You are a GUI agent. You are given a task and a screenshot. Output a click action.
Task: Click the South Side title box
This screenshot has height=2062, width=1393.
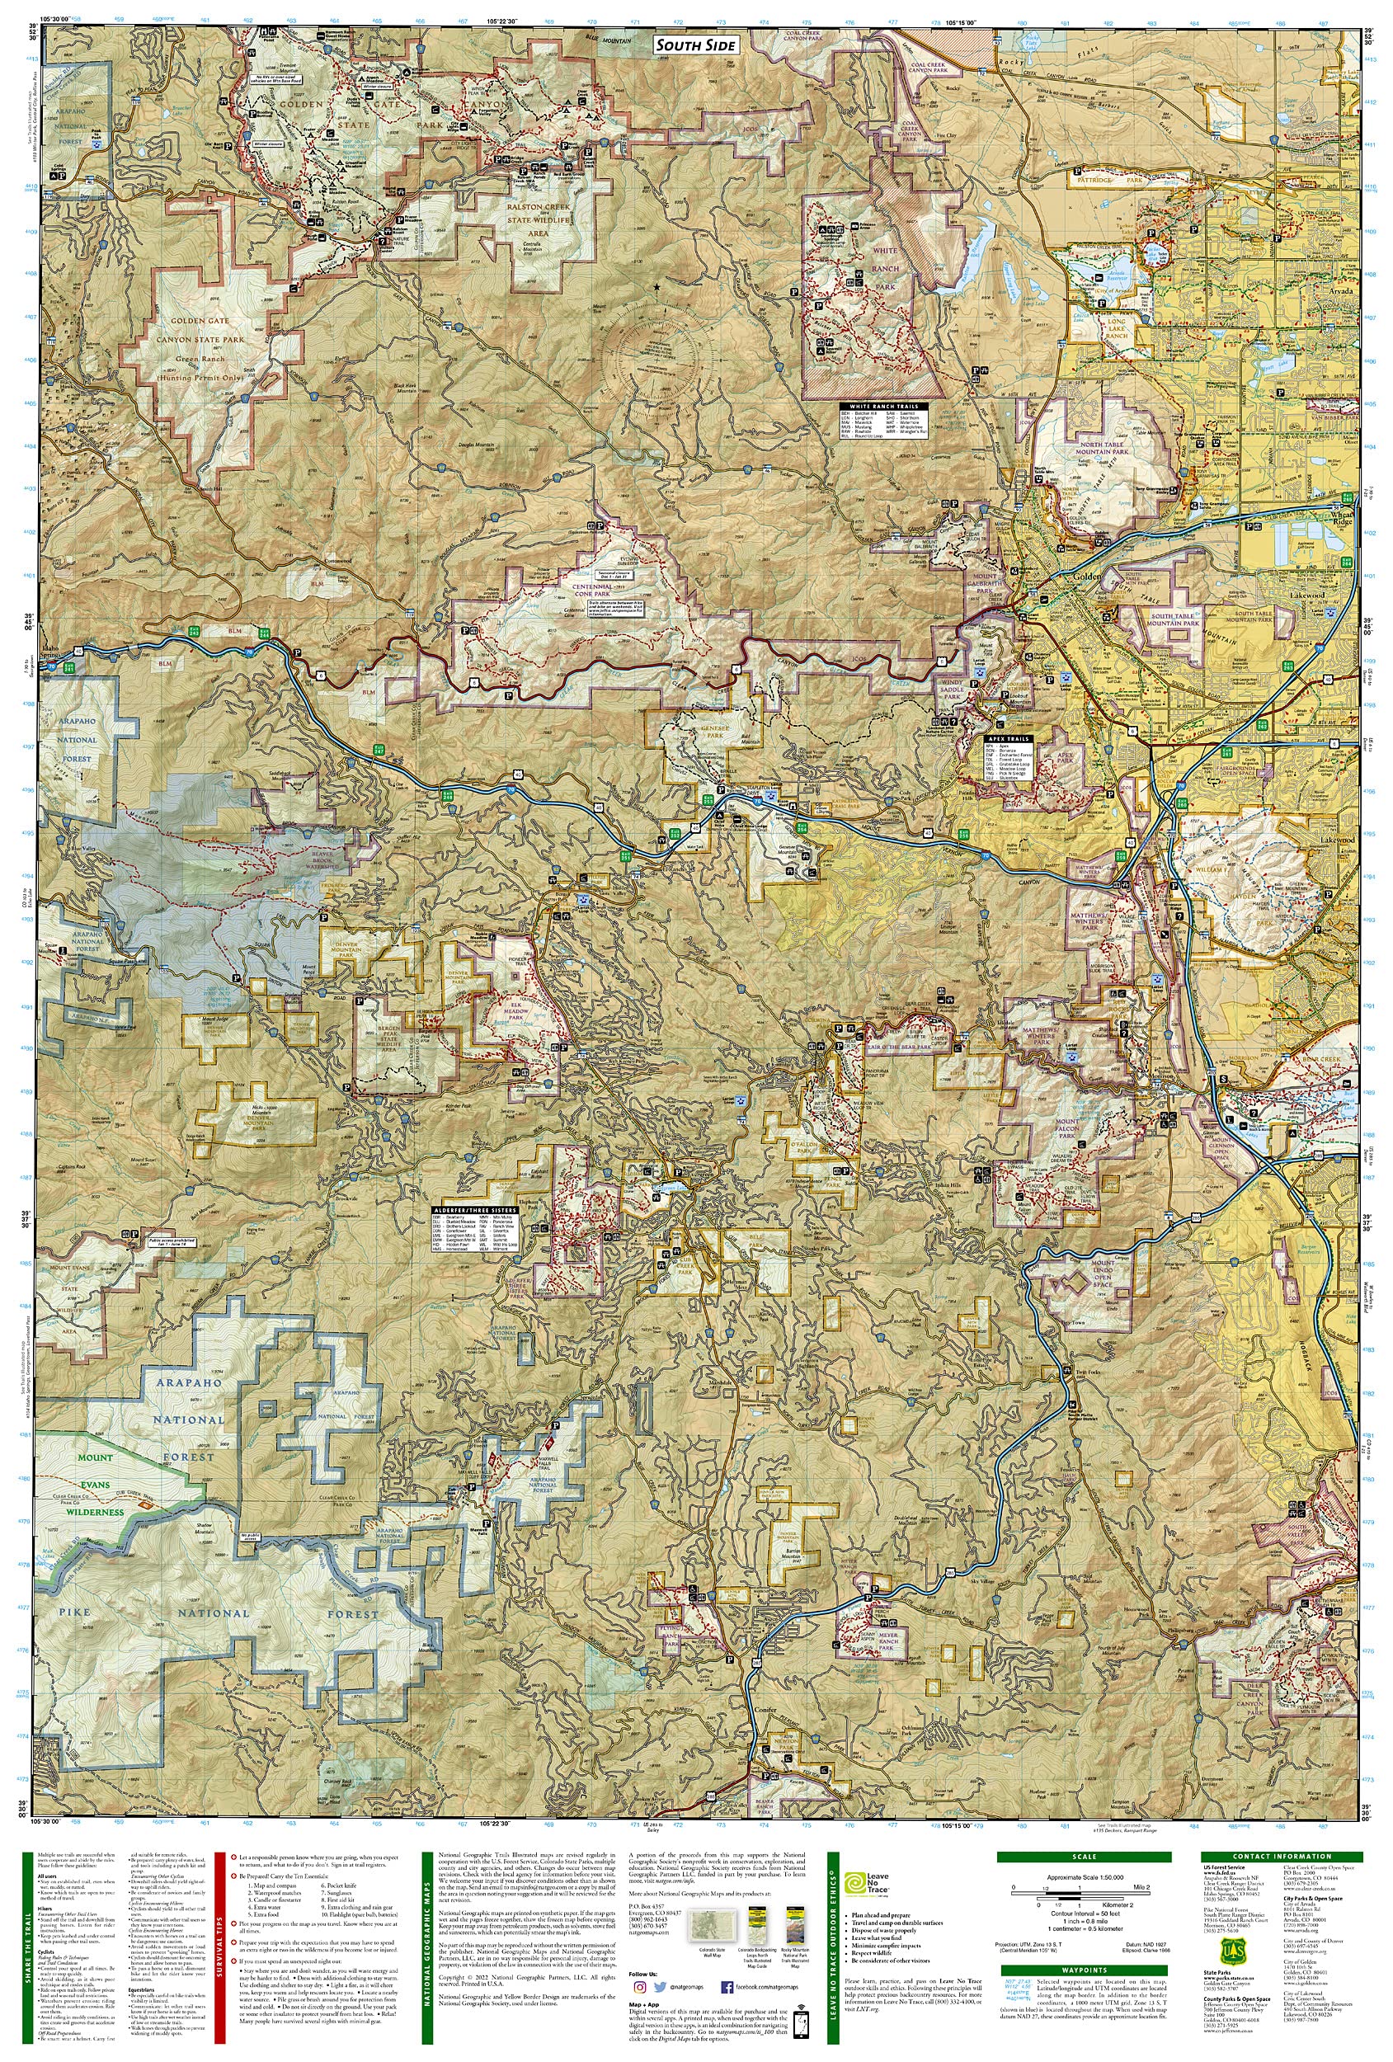pyautogui.click(x=695, y=45)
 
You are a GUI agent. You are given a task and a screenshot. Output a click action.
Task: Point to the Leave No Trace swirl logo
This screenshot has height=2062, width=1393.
pyautogui.click(x=855, y=1884)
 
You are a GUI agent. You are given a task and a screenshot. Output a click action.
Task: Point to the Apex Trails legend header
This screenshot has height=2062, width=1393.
pyautogui.click(x=1006, y=738)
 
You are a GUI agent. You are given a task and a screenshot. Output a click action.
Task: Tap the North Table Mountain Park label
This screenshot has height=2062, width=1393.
pyautogui.click(x=1104, y=449)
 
